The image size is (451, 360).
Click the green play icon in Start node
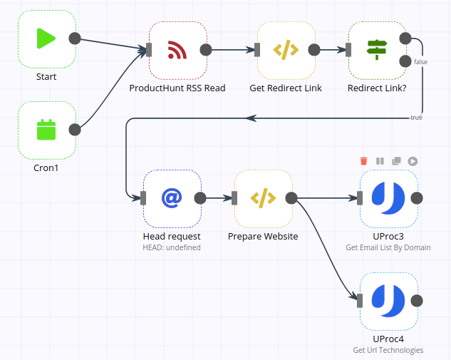(x=46, y=38)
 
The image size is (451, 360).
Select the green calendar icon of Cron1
(x=46, y=130)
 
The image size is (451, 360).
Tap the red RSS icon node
(x=177, y=50)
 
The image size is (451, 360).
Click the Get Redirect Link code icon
(x=286, y=50)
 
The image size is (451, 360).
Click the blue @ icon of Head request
(x=172, y=198)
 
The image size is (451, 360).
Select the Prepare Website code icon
(x=263, y=198)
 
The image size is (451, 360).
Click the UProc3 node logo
(x=388, y=198)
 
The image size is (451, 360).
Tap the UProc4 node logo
(x=388, y=301)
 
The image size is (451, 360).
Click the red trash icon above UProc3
(x=364, y=161)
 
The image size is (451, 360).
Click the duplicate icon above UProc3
(x=396, y=161)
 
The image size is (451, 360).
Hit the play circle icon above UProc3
(x=413, y=161)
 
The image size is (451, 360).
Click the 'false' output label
(x=420, y=62)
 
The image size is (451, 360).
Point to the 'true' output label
(x=416, y=117)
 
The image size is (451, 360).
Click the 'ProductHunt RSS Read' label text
(x=177, y=88)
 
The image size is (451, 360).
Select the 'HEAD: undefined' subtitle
(x=172, y=247)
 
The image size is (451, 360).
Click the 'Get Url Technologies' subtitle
(x=388, y=350)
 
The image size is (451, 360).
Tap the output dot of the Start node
(x=75, y=38)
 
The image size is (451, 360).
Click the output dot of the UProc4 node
(x=417, y=301)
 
